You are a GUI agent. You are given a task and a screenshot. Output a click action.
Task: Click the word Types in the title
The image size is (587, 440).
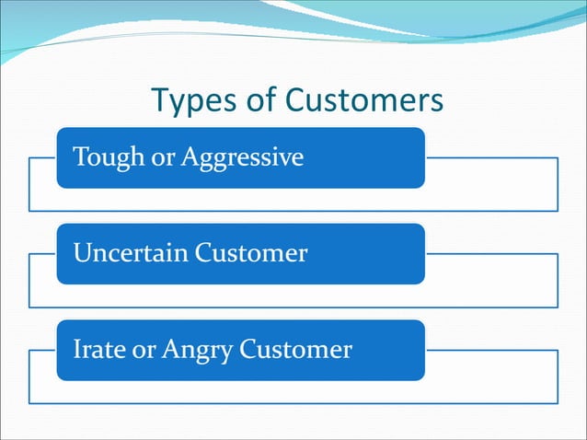(190, 100)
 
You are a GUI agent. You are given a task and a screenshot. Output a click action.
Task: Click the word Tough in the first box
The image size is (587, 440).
(101, 157)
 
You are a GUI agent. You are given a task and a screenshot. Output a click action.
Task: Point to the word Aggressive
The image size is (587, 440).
(241, 158)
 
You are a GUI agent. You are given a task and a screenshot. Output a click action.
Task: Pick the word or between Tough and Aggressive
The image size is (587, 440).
(164, 158)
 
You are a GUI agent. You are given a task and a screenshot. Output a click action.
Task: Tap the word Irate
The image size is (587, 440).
(96, 349)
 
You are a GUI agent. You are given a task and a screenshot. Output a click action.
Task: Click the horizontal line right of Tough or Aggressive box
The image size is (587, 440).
(491, 157)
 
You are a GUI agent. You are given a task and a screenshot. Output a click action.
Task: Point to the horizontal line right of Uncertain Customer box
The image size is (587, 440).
(491, 253)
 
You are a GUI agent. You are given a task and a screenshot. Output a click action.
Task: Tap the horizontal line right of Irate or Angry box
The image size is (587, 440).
(491, 350)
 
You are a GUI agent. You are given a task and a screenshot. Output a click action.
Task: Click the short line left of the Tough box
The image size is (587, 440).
(42, 157)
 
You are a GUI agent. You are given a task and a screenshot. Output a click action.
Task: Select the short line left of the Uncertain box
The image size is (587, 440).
(42, 253)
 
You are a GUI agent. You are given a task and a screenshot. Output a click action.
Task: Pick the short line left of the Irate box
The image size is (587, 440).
(42, 350)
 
